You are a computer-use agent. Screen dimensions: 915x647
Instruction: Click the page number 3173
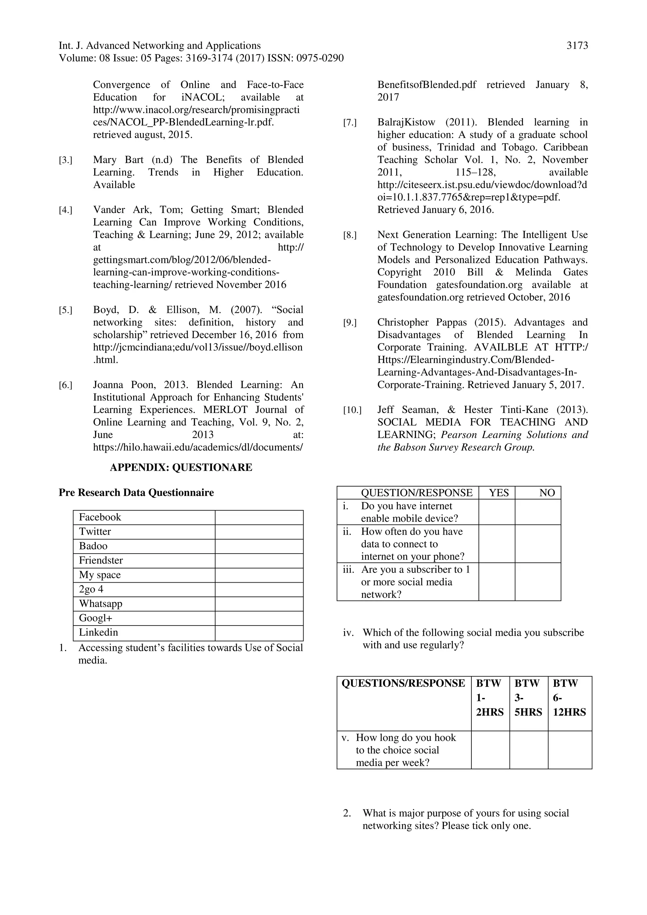pos(577,46)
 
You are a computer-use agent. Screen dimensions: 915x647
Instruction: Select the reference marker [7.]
pos(350,123)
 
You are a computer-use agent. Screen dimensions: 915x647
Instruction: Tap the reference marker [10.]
pos(352,410)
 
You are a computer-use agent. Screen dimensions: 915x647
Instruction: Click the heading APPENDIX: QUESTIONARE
pos(181,468)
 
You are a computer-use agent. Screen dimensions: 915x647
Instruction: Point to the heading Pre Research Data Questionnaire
pos(136,493)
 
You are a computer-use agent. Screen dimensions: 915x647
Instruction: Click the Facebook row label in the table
pos(100,517)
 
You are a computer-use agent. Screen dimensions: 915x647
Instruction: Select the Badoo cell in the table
pos(93,546)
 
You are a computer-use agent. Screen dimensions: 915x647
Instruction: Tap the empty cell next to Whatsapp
pos(259,604)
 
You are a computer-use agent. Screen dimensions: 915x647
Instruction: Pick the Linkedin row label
pos(98,633)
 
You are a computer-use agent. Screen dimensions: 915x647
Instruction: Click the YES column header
pos(499,493)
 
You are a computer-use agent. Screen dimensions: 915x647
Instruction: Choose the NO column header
pos(547,493)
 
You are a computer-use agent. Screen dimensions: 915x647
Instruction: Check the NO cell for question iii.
pos(537,582)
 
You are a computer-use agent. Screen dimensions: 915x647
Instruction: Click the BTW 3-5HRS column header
pos(528,697)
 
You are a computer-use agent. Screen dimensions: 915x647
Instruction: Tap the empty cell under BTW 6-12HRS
pos(570,750)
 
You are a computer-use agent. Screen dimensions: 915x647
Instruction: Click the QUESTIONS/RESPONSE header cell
pos(403,683)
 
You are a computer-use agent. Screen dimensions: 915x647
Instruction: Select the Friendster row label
pos(101,560)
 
